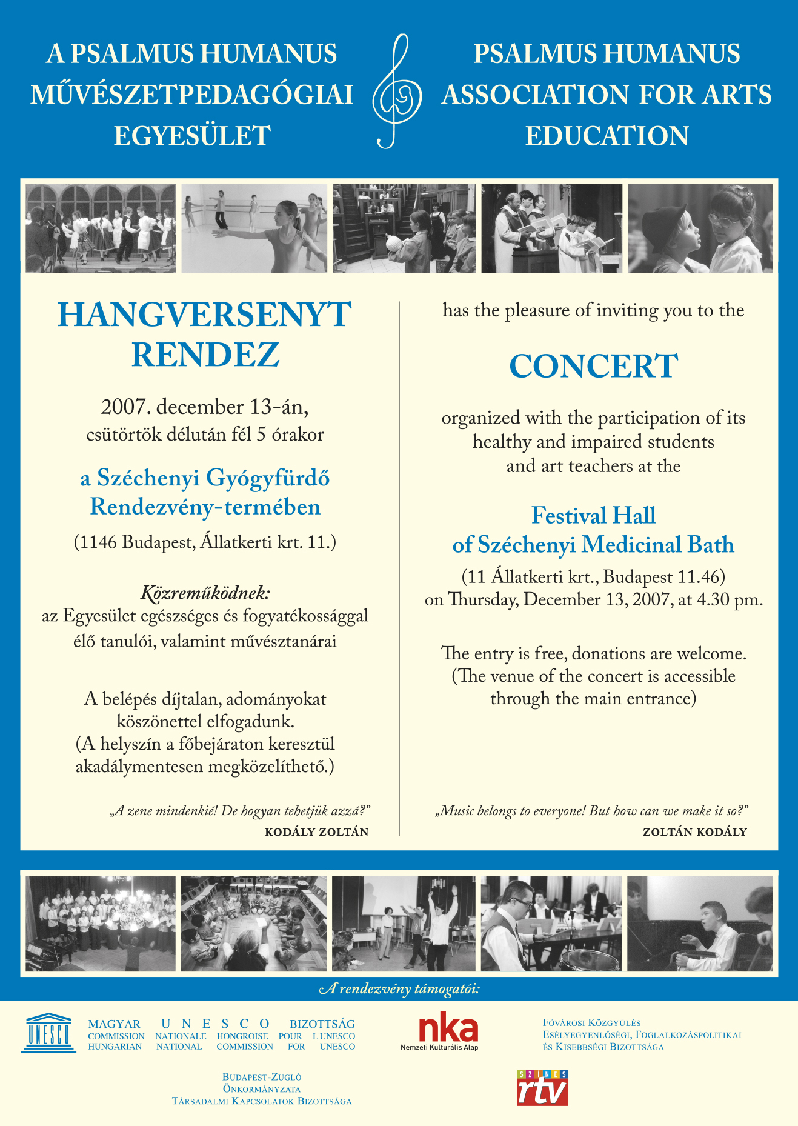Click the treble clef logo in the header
(397, 92)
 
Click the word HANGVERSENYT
(204, 315)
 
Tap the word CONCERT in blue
(593, 366)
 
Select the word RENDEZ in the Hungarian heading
(205, 355)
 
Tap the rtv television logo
(542, 1088)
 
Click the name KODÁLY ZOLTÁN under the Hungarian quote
(316, 832)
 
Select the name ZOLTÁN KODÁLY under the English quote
(694, 832)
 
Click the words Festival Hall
(593, 516)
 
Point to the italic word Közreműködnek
(205, 592)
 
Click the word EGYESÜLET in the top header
(192, 136)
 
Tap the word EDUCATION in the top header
(607, 136)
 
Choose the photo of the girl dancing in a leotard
(254, 228)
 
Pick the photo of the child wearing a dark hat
(700, 228)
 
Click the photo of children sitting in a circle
(254, 923)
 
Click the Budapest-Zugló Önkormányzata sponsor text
(262, 1089)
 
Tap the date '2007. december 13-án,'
(205, 407)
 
